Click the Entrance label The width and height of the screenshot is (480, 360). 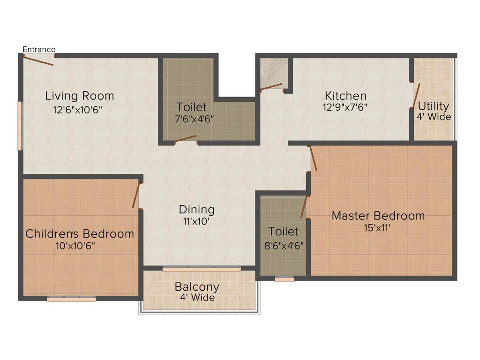point(39,49)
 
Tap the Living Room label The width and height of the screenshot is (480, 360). point(80,96)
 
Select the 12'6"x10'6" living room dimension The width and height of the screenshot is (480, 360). point(78,110)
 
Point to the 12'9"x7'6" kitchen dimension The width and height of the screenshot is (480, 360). point(345,107)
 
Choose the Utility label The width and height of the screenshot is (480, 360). point(433,106)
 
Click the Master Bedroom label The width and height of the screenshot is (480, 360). point(378,216)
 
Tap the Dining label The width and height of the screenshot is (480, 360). point(196,210)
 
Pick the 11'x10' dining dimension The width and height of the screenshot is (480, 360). point(196,221)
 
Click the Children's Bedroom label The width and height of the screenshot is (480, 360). point(80,233)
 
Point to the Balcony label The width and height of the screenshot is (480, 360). point(197,286)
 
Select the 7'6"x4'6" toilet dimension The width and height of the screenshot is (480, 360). point(195,119)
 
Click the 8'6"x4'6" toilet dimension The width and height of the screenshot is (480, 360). point(283,244)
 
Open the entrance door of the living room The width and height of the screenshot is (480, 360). point(38,60)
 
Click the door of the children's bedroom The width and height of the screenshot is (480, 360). point(136,195)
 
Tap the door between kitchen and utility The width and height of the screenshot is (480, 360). point(415,96)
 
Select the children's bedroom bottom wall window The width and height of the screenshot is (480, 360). point(71,299)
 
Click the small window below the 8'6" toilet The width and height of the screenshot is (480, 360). point(285,279)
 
